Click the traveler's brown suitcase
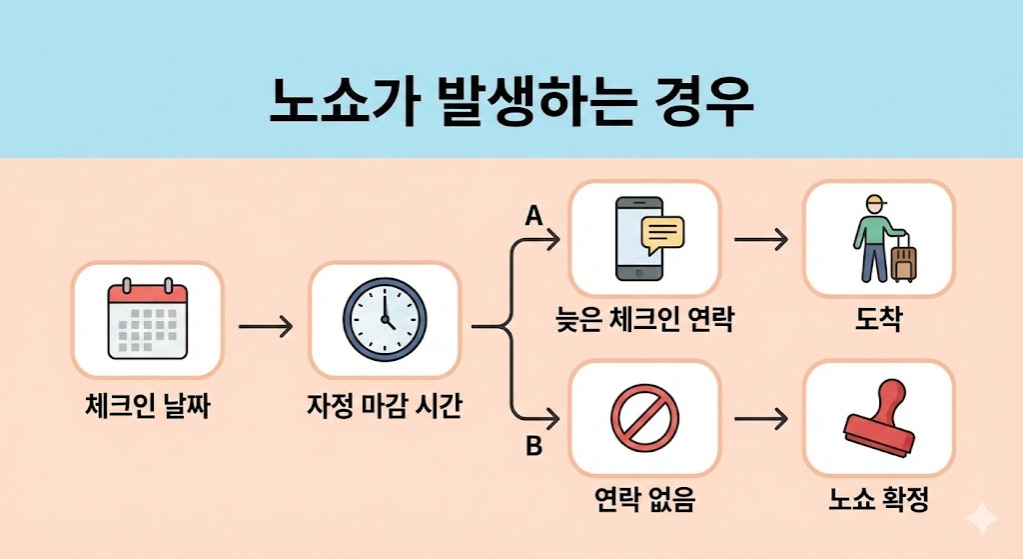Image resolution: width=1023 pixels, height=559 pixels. (x=902, y=260)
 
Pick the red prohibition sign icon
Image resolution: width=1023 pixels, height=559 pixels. (x=644, y=419)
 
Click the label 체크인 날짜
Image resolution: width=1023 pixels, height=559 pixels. (x=148, y=408)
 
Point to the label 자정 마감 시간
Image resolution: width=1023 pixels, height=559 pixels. (x=385, y=408)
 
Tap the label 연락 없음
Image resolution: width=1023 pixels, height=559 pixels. (x=644, y=499)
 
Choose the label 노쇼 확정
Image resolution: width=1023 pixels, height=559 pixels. (x=878, y=499)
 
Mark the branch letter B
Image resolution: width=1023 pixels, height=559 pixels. (x=533, y=447)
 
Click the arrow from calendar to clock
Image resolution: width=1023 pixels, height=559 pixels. (x=266, y=326)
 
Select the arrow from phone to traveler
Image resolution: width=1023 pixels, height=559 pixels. (x=760, y=240)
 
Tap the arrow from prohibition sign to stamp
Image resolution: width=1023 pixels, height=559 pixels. (x=760, y=419)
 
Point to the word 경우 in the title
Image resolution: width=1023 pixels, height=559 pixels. (x=704, y=102)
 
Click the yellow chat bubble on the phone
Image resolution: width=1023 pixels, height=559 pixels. (x=661, y=233)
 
